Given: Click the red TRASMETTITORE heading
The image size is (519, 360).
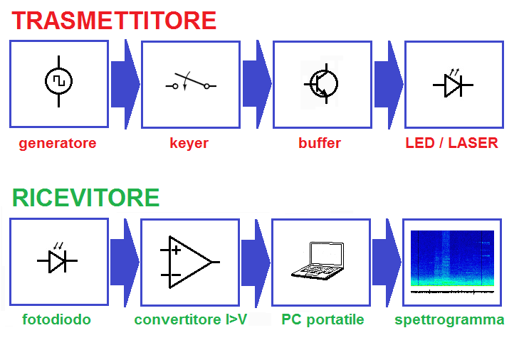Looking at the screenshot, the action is (114, 21).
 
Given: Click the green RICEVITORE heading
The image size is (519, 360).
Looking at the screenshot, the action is (85, 198).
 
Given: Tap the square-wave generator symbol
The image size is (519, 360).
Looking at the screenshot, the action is (59, 81).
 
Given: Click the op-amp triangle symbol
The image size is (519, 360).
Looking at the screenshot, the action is (189, 262).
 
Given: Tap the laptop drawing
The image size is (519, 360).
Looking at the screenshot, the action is (318, 261).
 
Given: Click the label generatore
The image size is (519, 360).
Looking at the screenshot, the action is (58, 144).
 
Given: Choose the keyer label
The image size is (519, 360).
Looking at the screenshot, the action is (189, 144).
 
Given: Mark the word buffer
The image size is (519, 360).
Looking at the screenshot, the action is (320, 143).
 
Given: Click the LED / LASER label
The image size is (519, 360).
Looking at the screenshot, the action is (452, 143).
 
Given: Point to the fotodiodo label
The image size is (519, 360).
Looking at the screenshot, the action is (57, 319).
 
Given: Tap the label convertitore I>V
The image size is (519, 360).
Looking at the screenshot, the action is (191, 319).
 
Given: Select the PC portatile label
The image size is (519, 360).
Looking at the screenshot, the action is (323, 320).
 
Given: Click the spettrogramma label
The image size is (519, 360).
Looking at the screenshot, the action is (449, 320).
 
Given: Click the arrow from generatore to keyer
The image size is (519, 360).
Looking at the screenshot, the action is (125, 84).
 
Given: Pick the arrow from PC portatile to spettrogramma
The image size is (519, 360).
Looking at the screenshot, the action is (387, 263).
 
